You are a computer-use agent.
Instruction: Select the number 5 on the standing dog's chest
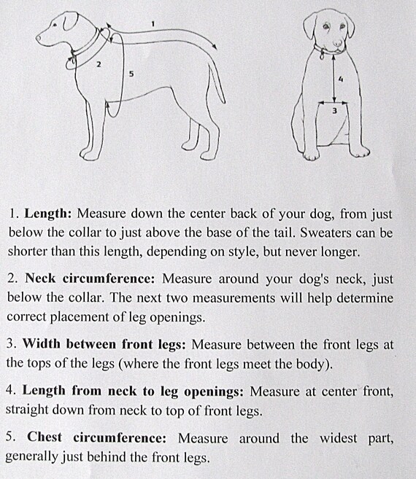pyautogui.click(x=131, y=73)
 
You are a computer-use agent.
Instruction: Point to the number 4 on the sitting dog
pyautogui.click(x=341, y=80)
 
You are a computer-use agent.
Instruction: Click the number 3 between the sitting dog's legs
pyautogui.click(x=334, y=111)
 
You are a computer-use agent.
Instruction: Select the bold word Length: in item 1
pyautogui.click(x=48, y=215)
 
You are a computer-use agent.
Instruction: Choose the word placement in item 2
pyautogui.click(x=88, y=316)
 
